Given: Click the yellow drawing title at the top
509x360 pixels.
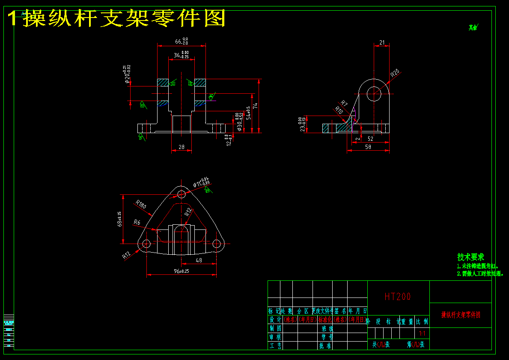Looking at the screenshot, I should point(116,18).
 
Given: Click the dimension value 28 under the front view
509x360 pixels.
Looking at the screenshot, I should point(181,147).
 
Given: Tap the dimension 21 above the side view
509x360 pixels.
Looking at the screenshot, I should point(382,43).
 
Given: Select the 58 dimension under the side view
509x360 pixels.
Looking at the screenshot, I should point(368,147).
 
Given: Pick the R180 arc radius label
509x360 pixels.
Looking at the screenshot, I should point(141,204).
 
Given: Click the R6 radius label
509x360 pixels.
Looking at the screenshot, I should point(137,222).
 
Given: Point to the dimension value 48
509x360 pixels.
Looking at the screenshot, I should point(199,260).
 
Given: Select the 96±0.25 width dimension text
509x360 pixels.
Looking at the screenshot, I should point(182,271).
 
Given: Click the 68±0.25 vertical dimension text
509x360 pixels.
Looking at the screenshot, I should point(119,219).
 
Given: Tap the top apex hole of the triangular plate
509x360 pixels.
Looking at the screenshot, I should point(182,194).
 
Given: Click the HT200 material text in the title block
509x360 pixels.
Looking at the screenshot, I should point(398,296).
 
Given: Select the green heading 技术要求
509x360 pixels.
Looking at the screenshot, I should point(470,257).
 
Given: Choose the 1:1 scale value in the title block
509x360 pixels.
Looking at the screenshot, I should point(422,333).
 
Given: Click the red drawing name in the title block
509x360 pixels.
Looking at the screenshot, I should point(461,315).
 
